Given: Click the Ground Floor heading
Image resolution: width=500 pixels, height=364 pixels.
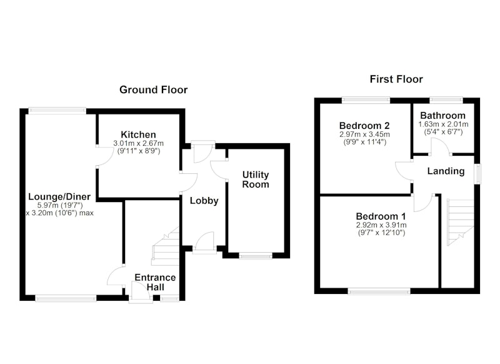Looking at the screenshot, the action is tap(153, 89).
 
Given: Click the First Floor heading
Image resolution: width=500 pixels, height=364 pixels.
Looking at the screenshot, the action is tap(396, 79).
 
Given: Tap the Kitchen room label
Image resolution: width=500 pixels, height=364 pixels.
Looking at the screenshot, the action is tap(138, 134).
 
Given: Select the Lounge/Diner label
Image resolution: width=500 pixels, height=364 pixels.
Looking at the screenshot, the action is tap(59, 196).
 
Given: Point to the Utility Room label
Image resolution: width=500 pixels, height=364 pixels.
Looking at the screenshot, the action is tap(256, 179).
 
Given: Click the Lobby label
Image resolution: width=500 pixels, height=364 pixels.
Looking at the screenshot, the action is tap(204, 201).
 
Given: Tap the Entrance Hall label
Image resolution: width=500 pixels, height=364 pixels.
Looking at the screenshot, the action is tap(155, 282).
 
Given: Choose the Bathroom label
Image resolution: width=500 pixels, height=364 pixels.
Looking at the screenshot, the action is tap(443, 116).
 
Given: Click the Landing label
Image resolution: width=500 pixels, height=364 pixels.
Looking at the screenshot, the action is tap(446, 171).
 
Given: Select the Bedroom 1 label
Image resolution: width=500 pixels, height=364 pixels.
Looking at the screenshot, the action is tap(381, 216).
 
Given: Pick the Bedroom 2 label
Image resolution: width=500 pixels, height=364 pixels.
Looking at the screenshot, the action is tap(364, 126).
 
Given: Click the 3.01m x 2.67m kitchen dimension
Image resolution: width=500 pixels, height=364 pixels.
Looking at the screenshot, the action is tap(138, 144).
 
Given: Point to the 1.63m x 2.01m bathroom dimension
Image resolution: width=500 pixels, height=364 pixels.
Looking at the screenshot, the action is tap(443, 124).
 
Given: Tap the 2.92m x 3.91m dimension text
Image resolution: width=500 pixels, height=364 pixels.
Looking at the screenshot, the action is tap(381, 225).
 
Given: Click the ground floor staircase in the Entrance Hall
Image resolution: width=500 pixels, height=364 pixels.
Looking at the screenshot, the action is tap(165, 246).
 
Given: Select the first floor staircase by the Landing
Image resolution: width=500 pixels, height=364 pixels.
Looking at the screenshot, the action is tap(461, 223).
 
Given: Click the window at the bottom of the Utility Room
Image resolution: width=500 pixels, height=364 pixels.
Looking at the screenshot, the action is tap(256, 256).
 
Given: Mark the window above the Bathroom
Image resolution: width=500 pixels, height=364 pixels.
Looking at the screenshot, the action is tap(446, 100).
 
